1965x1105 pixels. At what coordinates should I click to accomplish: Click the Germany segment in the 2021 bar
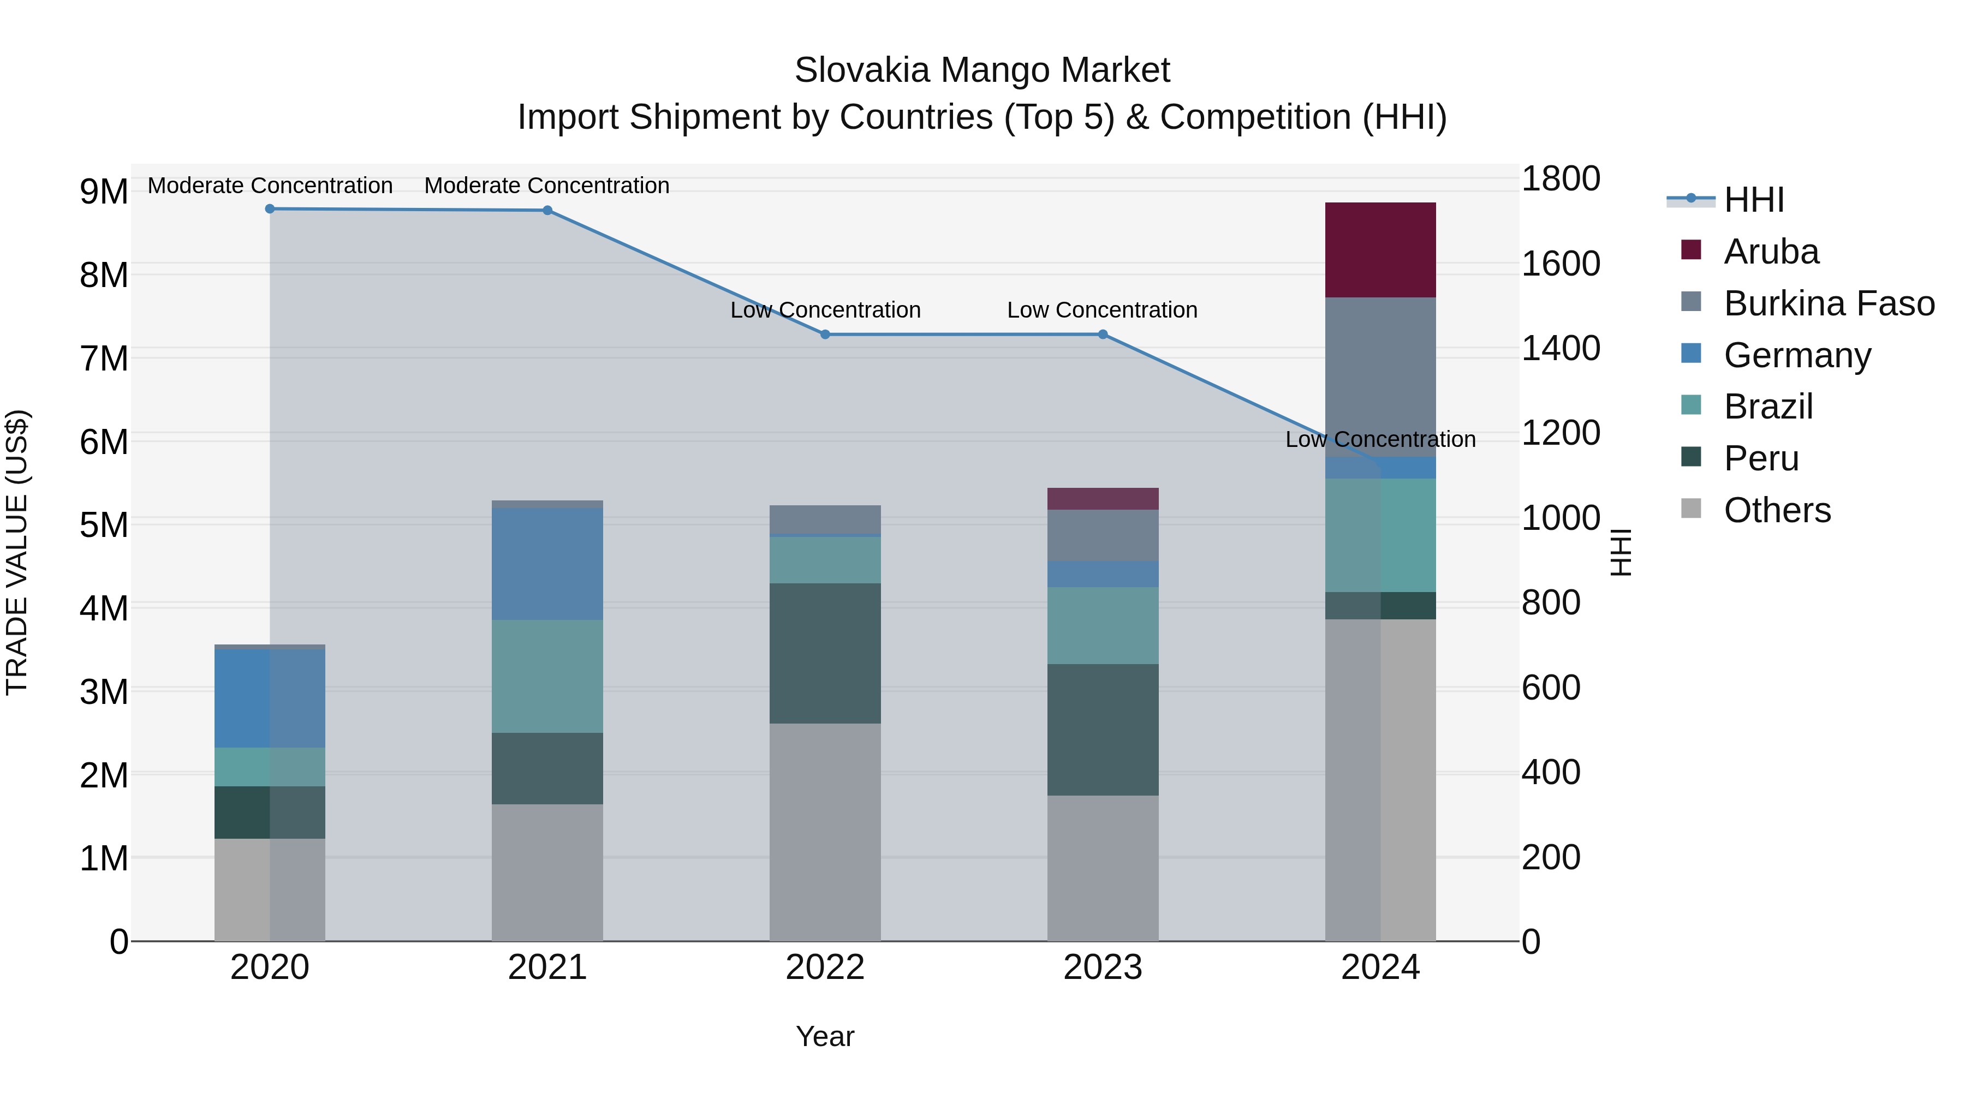pyautogui.click(x=547, y=564)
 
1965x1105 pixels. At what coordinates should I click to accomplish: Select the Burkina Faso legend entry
pyautogui.click(x=1827, y=303)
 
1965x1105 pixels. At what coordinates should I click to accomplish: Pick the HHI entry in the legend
pyautogui.click(x=1753, y=200)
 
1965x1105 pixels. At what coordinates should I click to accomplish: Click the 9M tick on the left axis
pyautogui.click(x=104, y=192)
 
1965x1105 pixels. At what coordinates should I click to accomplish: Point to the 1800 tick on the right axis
pyautogui.click(x=1560, y=179)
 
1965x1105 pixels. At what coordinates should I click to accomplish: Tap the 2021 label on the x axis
pyautogui.click(x=547, y=967)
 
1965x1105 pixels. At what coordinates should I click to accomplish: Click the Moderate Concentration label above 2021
pyautogui.click(x=546, y=186)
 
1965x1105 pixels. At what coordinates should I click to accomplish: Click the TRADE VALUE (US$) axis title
pyautogui.click(x=17, y=552)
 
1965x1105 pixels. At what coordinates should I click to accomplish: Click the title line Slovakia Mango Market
pyautogui.click(x=982, y=70)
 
